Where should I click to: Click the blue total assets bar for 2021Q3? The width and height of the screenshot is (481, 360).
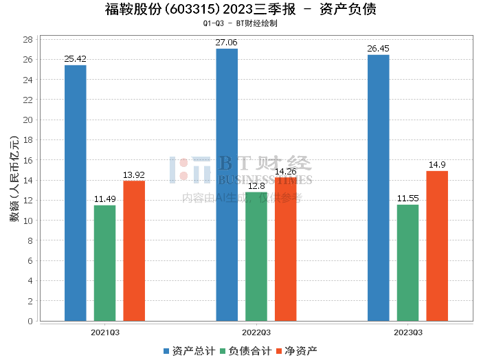76,193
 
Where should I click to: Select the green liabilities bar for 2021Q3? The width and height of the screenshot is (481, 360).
104,263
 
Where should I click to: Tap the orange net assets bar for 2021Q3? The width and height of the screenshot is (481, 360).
134,251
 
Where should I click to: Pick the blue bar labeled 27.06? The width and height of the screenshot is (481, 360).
227,185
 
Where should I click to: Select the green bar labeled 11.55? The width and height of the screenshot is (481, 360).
407,262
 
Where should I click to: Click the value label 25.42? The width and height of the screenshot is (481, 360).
75,59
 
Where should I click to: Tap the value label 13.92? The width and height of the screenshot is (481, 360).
134,175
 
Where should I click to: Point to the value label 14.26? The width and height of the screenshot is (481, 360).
286,172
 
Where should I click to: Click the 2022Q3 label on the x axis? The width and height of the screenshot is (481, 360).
256,333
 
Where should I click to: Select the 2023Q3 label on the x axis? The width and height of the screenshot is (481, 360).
408,333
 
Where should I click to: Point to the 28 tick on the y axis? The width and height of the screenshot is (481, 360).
28,39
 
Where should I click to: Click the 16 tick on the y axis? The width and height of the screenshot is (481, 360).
28,160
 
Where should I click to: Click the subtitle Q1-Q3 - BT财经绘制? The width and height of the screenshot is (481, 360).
240,23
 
